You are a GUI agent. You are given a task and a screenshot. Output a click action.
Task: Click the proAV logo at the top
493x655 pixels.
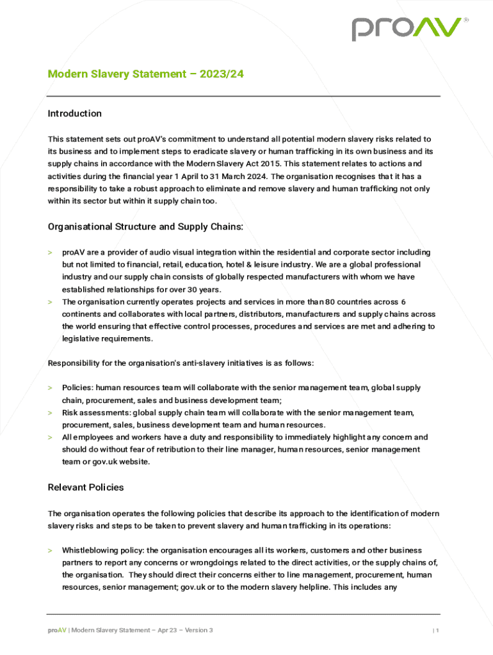tap(407, 29)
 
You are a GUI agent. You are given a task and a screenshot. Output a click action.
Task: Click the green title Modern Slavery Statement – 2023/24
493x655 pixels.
tap(145, 74)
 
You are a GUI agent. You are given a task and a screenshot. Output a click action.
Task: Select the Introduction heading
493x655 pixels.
tap(75, 113)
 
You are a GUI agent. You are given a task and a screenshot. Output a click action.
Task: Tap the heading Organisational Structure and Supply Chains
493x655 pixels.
tap(145, 226)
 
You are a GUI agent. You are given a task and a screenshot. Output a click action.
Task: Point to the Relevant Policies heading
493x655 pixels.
tap(86, 487)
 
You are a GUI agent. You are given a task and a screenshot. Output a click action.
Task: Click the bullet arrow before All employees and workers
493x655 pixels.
tap(50, 438)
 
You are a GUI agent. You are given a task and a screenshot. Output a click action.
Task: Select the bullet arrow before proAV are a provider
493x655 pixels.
tap(50, 253)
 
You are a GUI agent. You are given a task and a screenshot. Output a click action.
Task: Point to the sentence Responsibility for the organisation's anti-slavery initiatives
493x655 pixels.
tap(181, 363)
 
